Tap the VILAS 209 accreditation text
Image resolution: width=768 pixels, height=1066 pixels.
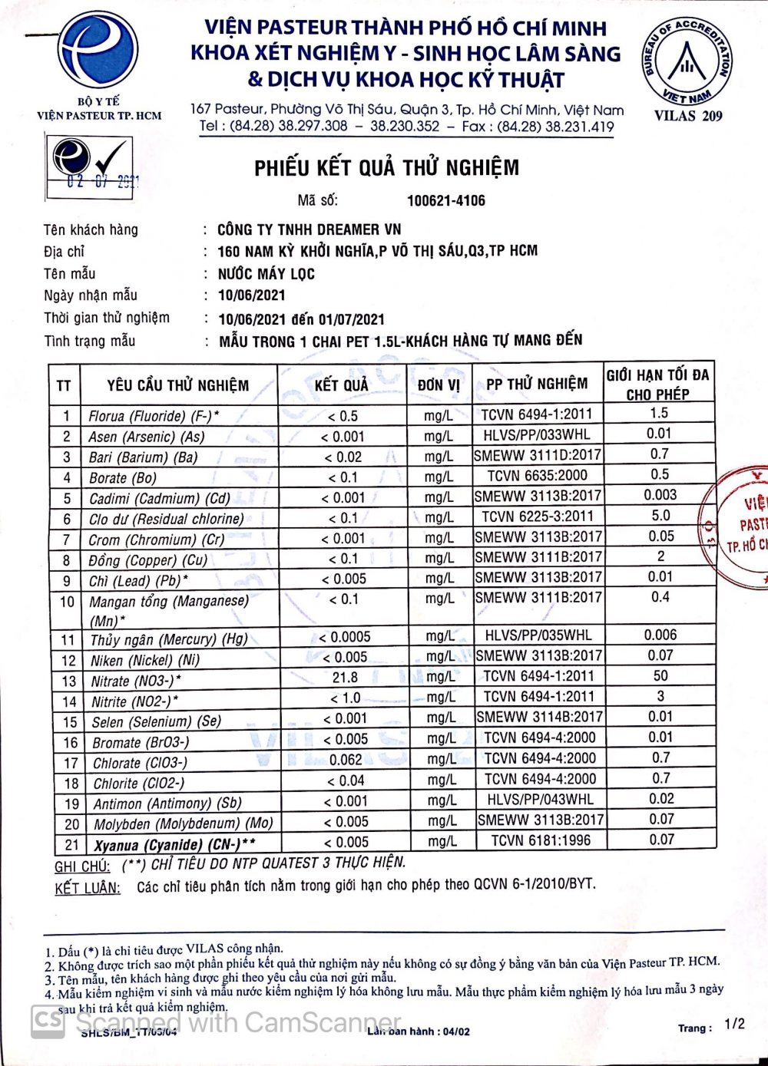688,117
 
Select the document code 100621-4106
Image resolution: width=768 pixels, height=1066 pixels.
446,201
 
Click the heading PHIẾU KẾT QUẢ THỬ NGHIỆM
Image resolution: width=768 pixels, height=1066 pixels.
387,168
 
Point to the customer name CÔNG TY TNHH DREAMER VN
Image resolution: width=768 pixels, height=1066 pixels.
309,229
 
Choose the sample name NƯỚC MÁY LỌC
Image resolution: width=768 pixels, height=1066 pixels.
266,274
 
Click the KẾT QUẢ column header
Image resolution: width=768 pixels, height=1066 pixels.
342,384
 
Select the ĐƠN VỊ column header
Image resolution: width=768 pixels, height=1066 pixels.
439,384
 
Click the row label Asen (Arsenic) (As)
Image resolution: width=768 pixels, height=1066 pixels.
147,437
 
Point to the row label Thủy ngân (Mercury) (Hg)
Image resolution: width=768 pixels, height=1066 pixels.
169,639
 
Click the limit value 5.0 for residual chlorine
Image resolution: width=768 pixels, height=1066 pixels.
660,516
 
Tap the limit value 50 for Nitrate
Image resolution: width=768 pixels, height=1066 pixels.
660,676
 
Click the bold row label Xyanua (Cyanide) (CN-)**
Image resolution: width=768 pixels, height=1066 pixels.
175,846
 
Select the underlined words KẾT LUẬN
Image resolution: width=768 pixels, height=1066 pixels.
88,889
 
